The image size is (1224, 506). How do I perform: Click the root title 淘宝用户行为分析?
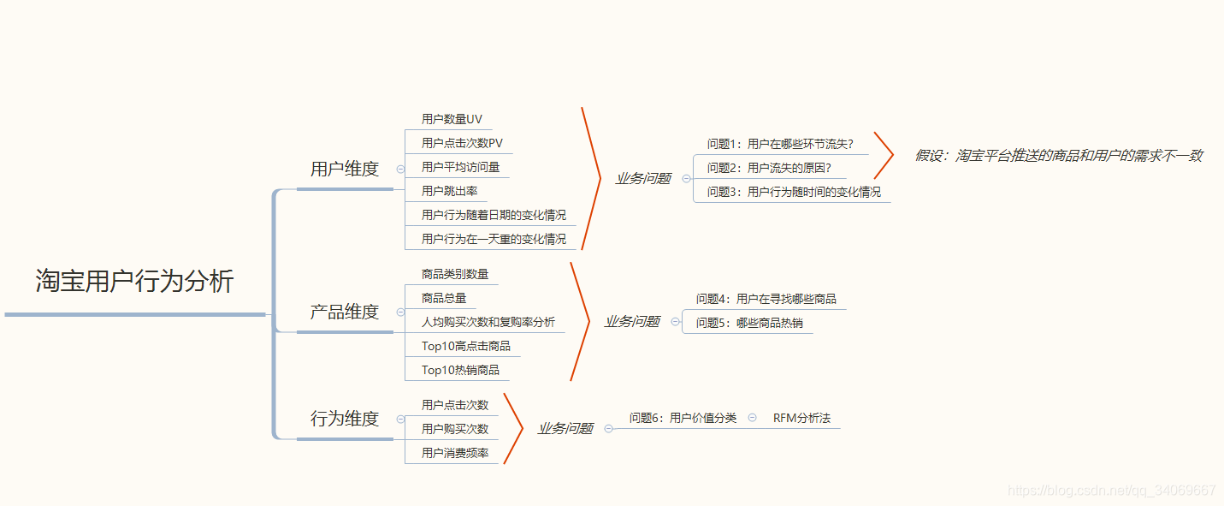click(x=134, y=281)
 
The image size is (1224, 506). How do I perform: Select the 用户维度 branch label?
click(x=344, y=169)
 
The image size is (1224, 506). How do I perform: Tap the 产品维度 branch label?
click(x=344, y=312)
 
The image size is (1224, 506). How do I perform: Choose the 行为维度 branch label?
click(x=344, y=419)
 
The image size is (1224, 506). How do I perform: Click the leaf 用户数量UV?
click(x=452, y=119)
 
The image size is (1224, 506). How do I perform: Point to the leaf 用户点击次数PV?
click(x=462, y=143)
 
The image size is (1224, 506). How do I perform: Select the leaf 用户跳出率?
click(x=449, y=191)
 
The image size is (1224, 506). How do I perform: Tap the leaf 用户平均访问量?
click(x=460, y=167)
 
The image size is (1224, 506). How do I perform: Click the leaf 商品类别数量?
click(x=455, y=274)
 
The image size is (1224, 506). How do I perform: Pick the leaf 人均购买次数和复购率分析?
click(x=488, y=322)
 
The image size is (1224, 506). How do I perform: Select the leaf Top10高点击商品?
click(x=465, y=346)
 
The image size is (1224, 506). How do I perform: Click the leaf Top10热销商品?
click(x=460, y=370)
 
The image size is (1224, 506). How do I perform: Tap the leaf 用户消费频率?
click(x=455, y=453)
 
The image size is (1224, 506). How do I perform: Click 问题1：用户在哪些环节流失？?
click(x=780, y=144)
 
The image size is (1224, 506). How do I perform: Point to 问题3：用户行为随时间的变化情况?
click(x=794, y=192)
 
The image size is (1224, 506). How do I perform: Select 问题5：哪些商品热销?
click(x=749, y=323)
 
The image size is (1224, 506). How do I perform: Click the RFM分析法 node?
click(x=801, y=418)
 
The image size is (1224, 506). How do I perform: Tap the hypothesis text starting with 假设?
click(x=1059, y=156)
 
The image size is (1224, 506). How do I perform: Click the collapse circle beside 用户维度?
click(x=400, y=170)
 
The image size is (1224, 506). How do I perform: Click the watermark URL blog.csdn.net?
click(x=1111, y=491)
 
